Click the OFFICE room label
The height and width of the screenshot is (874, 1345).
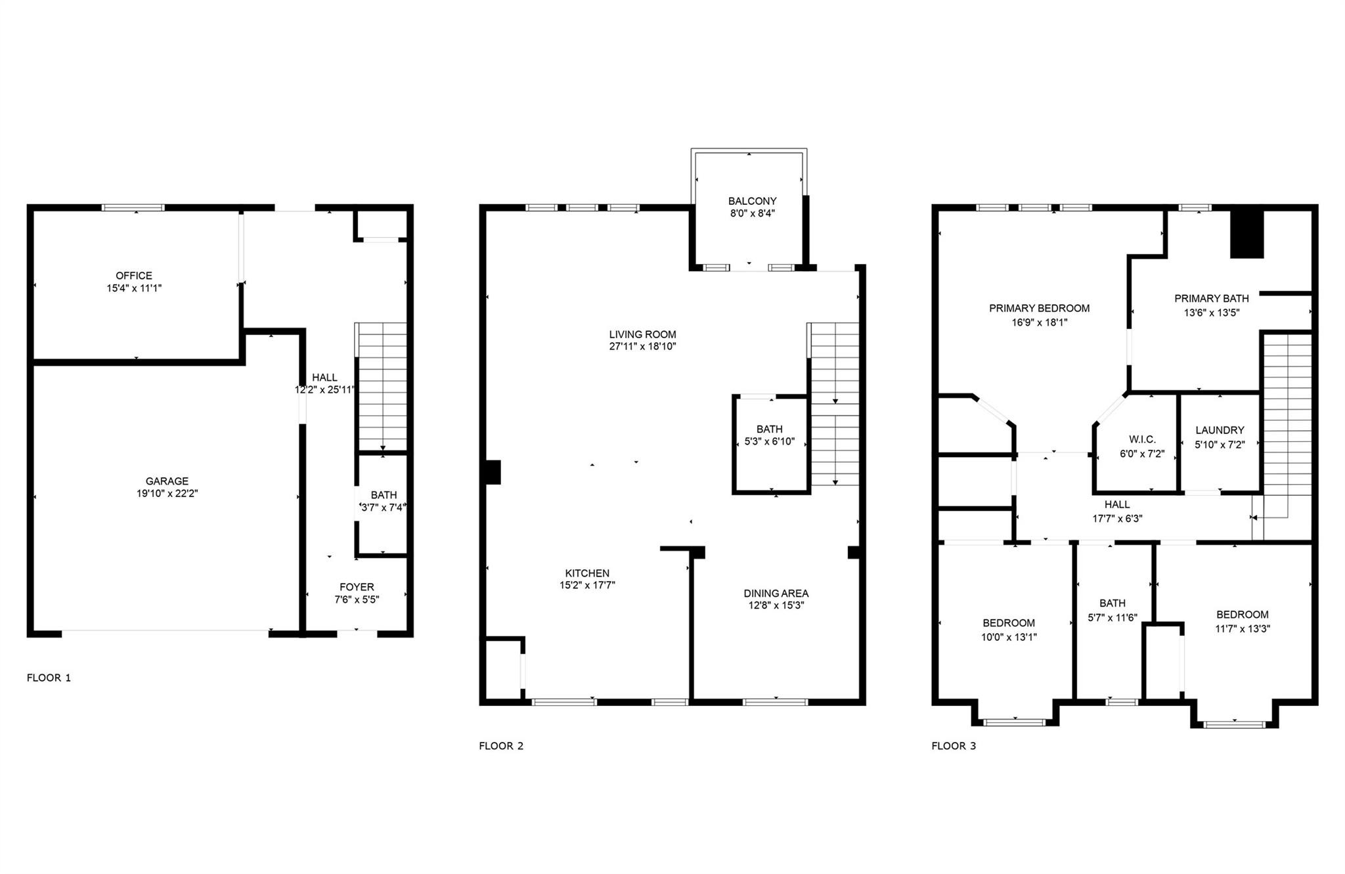click(134, 276)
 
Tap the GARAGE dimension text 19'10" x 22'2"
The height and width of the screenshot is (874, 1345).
click(167, 493)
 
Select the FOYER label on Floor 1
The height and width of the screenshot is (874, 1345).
click(357, 587)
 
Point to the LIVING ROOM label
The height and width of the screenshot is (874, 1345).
click(642, 334)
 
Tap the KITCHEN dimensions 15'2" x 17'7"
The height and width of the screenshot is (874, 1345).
click(587, 585)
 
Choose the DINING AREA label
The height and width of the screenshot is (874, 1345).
click(776, 593)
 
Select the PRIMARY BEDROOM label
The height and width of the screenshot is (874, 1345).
click(1039, 308)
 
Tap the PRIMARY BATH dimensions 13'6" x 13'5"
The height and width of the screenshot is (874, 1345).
click(1211, 313)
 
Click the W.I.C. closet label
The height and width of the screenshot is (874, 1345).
click(1142, 439)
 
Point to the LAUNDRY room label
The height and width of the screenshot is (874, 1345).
click(1220, 430)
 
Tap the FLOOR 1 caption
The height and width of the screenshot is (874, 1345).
click(49, 678)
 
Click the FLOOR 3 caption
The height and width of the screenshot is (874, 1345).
click(954, 746)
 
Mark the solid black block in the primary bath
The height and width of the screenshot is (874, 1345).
click(1246, 234)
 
